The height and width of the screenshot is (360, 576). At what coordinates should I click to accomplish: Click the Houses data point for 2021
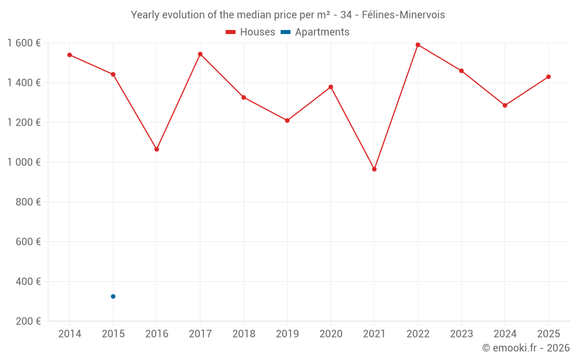[x=374, y=169]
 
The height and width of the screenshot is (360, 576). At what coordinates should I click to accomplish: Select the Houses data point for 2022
[x=418, y=45]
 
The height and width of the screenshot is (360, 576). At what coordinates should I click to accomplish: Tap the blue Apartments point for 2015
[x=113, y=297]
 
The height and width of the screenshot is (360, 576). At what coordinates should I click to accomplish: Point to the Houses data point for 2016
[x=157, y=149]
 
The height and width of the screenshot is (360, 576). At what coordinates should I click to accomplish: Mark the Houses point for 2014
[x=70, y=55]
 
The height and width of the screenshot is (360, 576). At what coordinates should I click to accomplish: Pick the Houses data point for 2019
[x=287, y=120]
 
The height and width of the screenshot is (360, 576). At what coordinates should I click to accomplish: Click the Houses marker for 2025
[x=548, y=77]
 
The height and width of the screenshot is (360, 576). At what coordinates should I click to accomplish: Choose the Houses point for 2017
[x=200, y=54]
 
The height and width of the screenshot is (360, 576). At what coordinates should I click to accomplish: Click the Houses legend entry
[x=251, y=32]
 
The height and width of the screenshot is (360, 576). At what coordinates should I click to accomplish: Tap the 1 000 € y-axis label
[x=24, y=162]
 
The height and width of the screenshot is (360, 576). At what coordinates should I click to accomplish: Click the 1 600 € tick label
[x=24, y=43]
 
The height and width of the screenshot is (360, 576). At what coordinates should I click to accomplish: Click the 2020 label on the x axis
[x=331, y=334]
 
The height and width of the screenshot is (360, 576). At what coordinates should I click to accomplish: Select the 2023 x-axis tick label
[x=461, y=334]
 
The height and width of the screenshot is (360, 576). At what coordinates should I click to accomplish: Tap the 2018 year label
[x=244, y=334]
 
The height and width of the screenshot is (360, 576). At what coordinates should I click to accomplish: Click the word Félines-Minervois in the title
[x=403, y=15]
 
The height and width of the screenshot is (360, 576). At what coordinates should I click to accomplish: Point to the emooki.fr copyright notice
[x=525, y=348]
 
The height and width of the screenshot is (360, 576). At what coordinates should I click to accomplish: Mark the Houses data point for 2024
[x=505, y=105]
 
